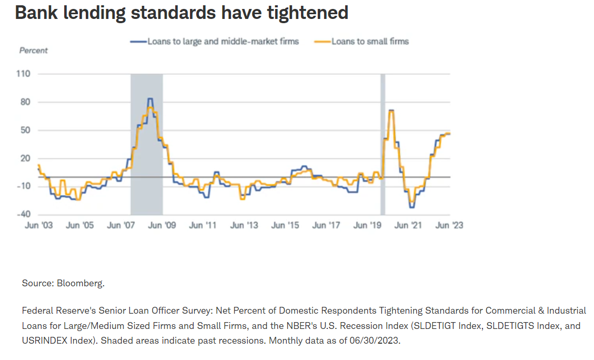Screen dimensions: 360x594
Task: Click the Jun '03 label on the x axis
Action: (x=38, y=225)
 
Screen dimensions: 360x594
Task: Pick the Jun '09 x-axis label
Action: (x=162, y=225)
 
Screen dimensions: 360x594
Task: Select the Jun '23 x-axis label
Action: (x=450, y=225)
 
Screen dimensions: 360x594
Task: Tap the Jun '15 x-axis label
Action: (x=285, y=225)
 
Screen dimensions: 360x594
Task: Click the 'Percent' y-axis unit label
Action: (x=33, y=51)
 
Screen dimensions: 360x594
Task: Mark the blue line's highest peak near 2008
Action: (x=150, y=98)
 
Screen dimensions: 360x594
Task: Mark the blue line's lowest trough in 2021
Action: (x=411, y=207)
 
